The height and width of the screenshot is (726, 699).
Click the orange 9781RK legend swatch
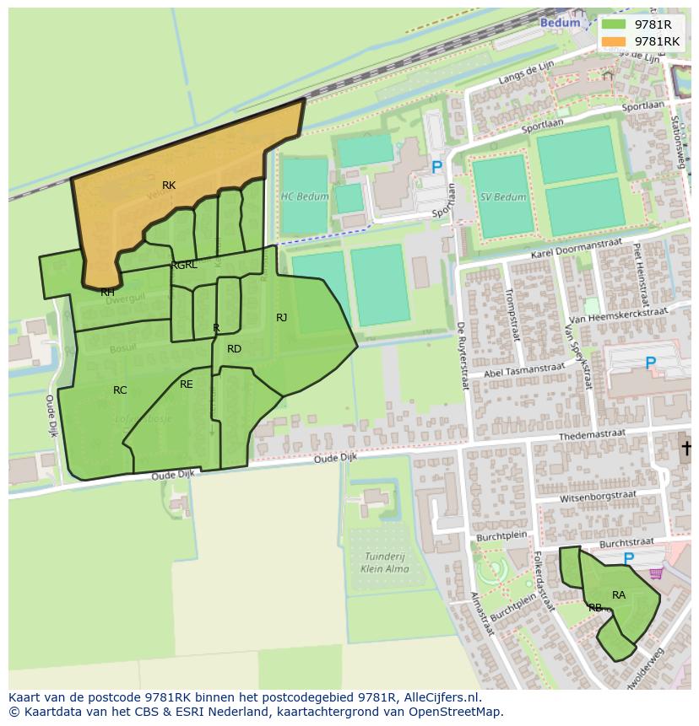pos(615,41)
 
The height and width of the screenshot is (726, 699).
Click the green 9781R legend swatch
pos(615,24)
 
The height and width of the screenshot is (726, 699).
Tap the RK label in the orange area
pos(169,186)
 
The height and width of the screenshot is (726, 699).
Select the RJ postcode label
pos(281,318)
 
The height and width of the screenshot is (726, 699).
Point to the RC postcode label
pos(120,390)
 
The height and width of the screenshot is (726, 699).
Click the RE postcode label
pos(187,385)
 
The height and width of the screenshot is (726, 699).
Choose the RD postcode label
pos(234,349)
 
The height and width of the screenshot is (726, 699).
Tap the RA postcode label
pos(619,595)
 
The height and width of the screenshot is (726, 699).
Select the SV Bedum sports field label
pos(503,197)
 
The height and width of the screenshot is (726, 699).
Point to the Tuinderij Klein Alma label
pos(386,563)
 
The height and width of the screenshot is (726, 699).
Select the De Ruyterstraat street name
pos(463,354)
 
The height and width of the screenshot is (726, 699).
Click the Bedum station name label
pos(561,23)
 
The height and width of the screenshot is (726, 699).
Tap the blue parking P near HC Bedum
pos(437,168)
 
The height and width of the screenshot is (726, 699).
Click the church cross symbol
pos(687,448)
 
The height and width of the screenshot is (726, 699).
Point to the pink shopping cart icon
pos(656,573)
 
